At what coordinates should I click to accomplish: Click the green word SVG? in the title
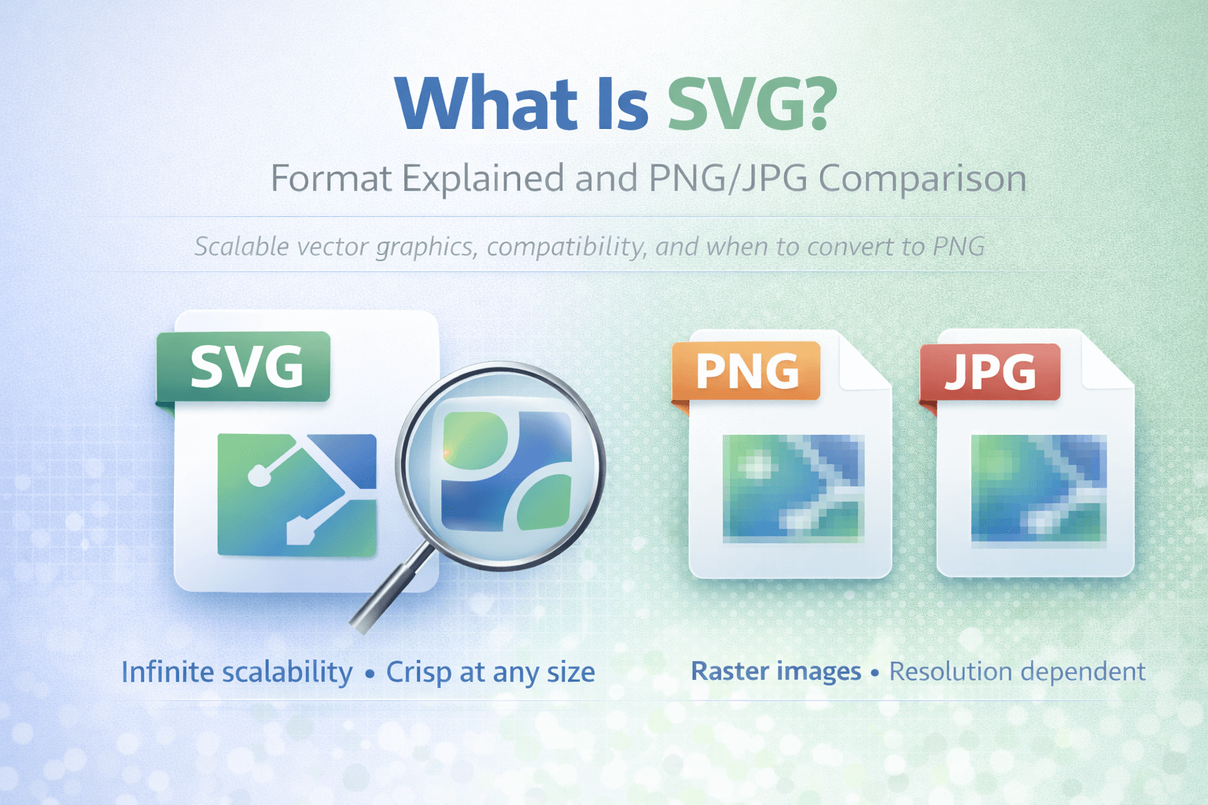click(750, 104)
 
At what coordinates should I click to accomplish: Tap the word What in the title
click(487, 104)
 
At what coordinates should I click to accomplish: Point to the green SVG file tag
click(245, 367)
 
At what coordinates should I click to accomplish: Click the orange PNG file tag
click(746, 371)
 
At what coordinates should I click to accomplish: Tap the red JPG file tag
click(990, 372)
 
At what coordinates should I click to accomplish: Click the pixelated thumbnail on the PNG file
click(793, 488)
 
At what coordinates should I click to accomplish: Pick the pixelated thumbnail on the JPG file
click(1038, 490)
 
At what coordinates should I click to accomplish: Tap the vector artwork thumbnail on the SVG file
click(296, 494)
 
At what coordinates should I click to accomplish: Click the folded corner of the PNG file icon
click(865, 362)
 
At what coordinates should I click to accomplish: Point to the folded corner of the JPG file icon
click(1107, 362)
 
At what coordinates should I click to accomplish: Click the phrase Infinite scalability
click(237, 673)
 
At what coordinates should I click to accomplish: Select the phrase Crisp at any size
click(490, 673)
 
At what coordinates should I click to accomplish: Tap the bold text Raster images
click(775, 671)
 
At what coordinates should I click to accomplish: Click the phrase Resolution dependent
click(1016, 671)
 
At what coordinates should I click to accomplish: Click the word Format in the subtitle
click(330, 179)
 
